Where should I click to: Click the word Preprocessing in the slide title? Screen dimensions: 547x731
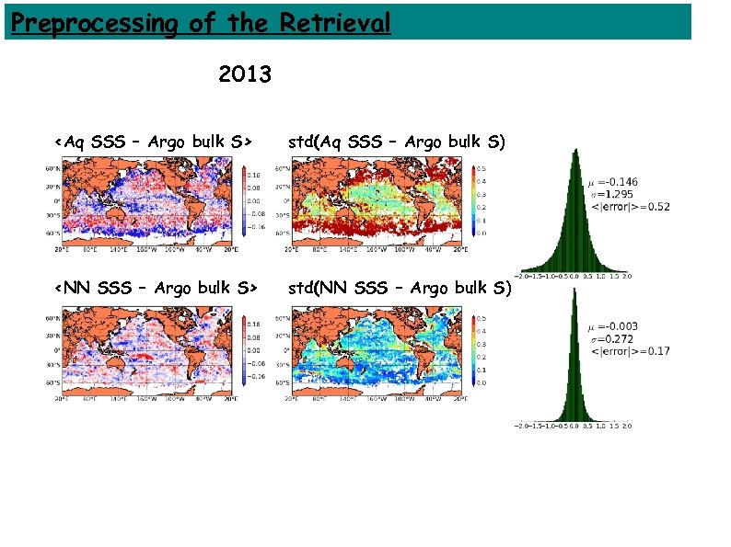[x=91, y=21]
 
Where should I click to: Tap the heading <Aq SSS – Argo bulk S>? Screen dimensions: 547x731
[x=153, y=142]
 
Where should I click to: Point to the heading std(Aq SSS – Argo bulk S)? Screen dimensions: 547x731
[x=397, y=142]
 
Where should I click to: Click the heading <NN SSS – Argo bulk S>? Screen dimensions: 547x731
[x=154, y=289]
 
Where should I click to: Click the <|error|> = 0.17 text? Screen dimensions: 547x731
[x=629, y=351]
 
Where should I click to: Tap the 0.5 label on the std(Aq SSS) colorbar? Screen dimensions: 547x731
[x=481, y=169]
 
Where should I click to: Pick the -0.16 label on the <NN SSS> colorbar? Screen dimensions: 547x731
[x=255, y=377]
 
